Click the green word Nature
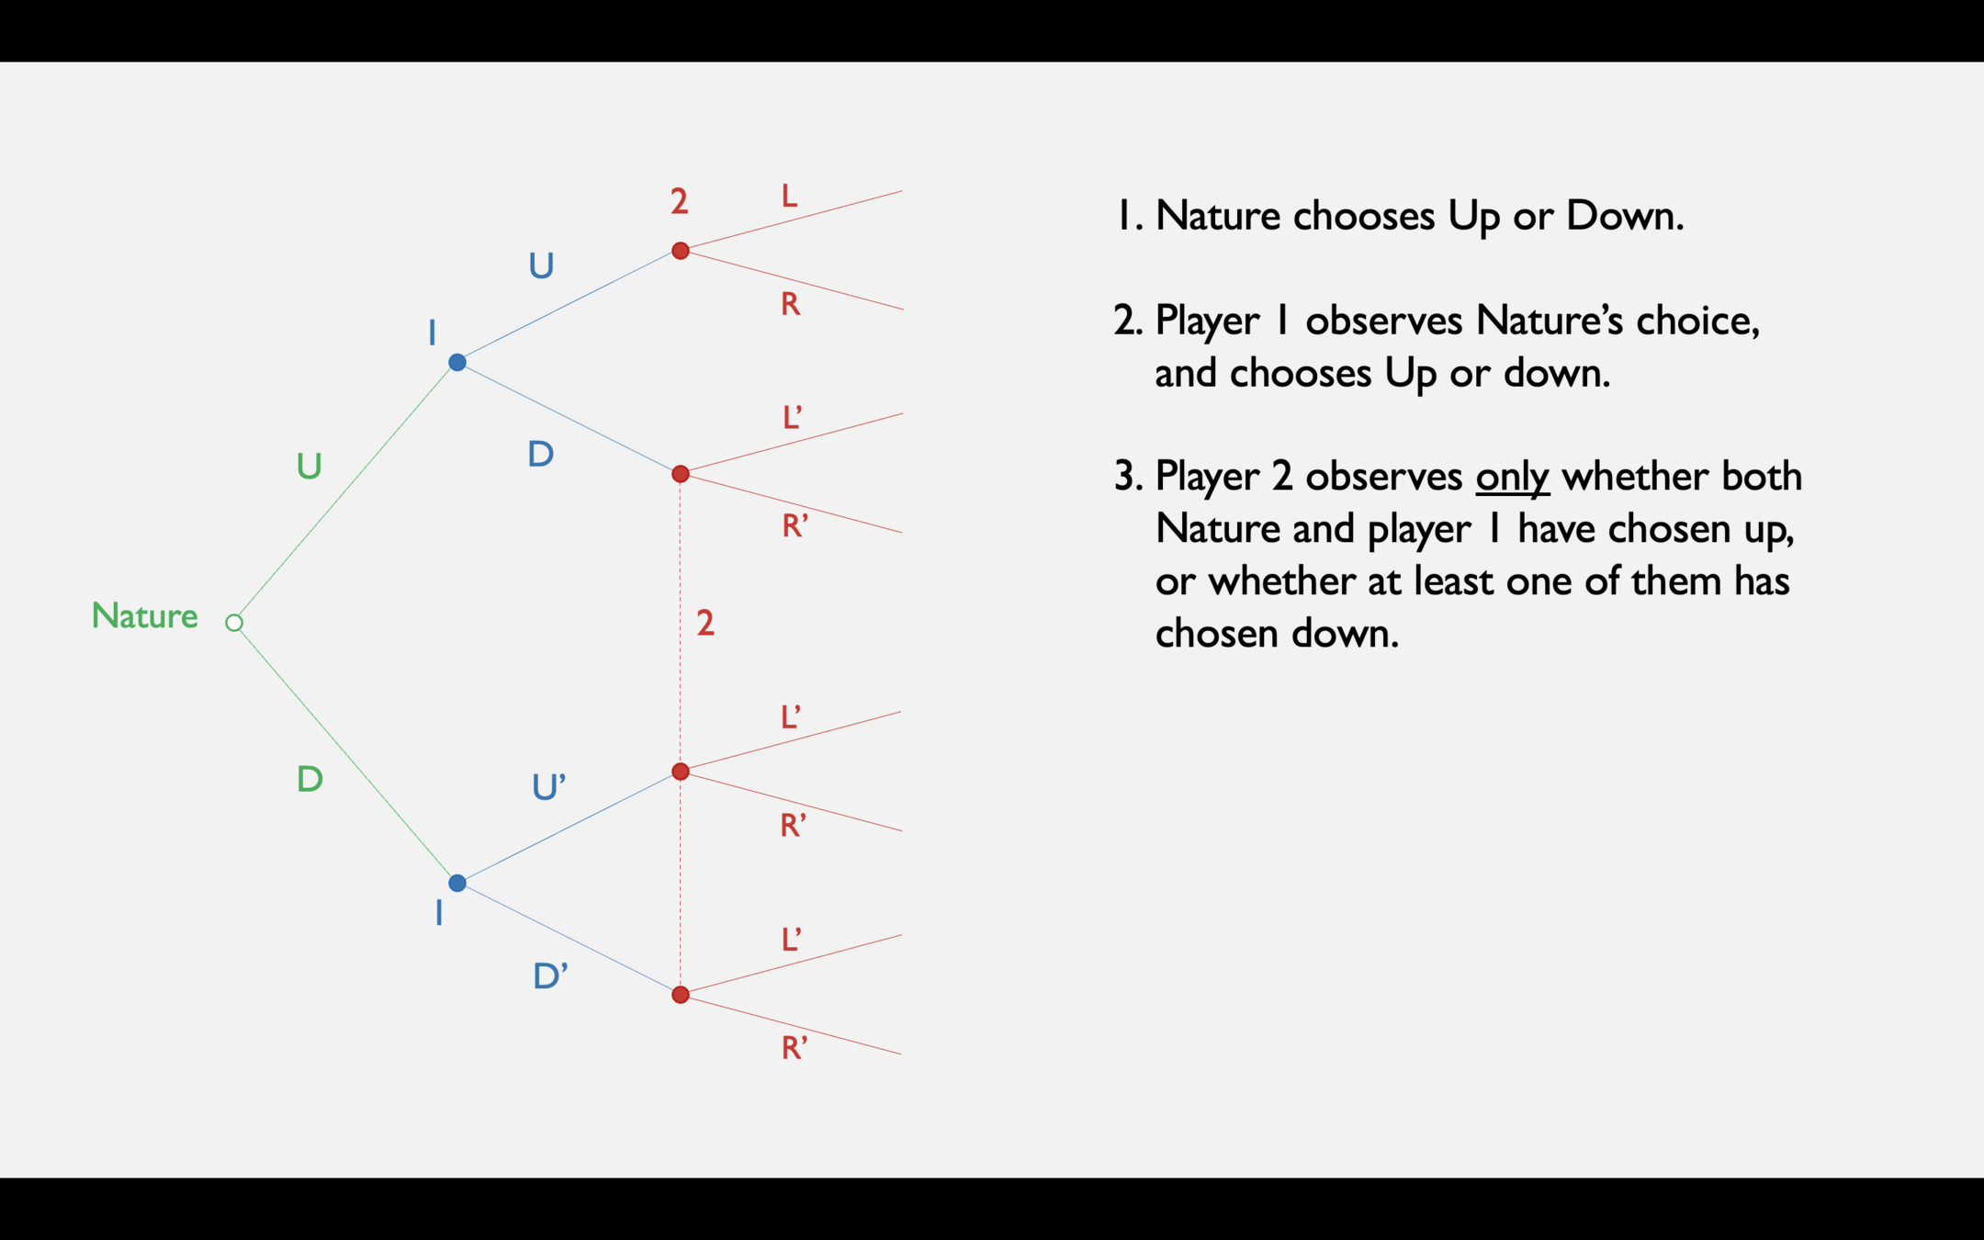point(144,615)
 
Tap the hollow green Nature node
point(234,623)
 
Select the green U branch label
point(309,467)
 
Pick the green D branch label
point(310,780)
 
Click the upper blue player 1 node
point(457,362)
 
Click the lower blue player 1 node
point(457,884)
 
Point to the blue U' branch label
point(548,787)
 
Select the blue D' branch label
point(549,975)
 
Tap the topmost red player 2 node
point(681,251)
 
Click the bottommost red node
point(681,995)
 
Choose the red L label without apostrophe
point(789,196)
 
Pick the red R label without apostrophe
point(790,304)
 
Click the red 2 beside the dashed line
point(705,624)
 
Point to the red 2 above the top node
point(679,201)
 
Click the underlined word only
point(1512,477)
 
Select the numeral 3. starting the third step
point(1127,477)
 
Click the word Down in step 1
point(1623,216)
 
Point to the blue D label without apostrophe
point(540,454)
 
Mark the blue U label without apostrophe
point(541,266)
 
